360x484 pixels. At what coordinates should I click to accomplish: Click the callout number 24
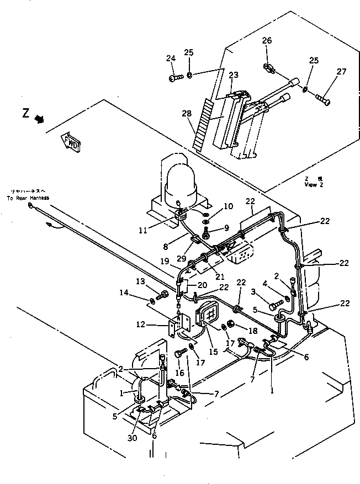pyautogui.click(x=171, y=58)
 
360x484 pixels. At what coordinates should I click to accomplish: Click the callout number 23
pyautogui.click(x=234, y=75)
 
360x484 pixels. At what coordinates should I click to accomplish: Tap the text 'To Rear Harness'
pyautogui.click(x=28, y=198)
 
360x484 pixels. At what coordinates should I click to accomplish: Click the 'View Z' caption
pyautogui.click(x=314, y=185)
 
